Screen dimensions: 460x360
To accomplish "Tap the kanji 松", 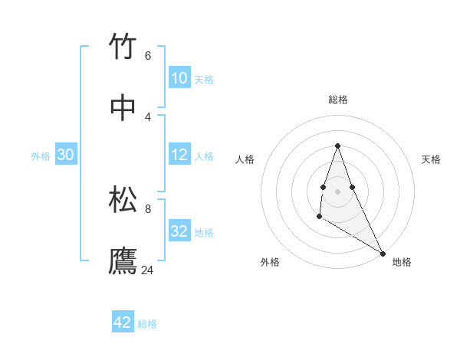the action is pyautogui.click(x=123, y=200).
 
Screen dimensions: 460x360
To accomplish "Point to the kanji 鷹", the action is pyautogui.click(x=123, y=261).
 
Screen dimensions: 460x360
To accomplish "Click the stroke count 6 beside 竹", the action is pyautogui.click(x=148, y=56).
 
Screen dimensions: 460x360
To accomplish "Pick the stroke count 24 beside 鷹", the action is pyautogui.click(x=148, y=270).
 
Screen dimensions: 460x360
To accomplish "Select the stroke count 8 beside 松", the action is pyautogui.click(x=148, y=208).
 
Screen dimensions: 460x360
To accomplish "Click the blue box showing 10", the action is pyautogui.click(x=179, y=78).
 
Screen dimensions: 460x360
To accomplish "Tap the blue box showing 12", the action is pyautogui.click(x=179, y=155).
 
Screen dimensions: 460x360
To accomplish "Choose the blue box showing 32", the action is pyautogui.click(x=179, y=231).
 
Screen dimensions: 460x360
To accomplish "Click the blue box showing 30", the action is pyautogui.click(x=66, y=155).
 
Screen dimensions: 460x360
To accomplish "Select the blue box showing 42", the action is pyautogui.click(x=123, y=322).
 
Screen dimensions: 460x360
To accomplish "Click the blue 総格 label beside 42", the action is pyautogui.click(x=147, y=324).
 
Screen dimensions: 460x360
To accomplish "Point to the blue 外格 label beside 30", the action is pyautogui.click(x=41, y=156).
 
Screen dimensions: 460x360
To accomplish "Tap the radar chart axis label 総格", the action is pyautogui.click(x=338, y=100).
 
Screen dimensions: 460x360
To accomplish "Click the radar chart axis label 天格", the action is pyautogui.click(x=431, y=159).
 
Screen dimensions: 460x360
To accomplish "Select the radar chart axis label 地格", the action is pyautogui.click(x=402, y=262).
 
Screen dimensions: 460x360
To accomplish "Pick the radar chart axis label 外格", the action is pyautogui.click(x=270, y=262).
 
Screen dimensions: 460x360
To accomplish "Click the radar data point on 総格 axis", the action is pyautogui.click(x=338, y=146).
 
